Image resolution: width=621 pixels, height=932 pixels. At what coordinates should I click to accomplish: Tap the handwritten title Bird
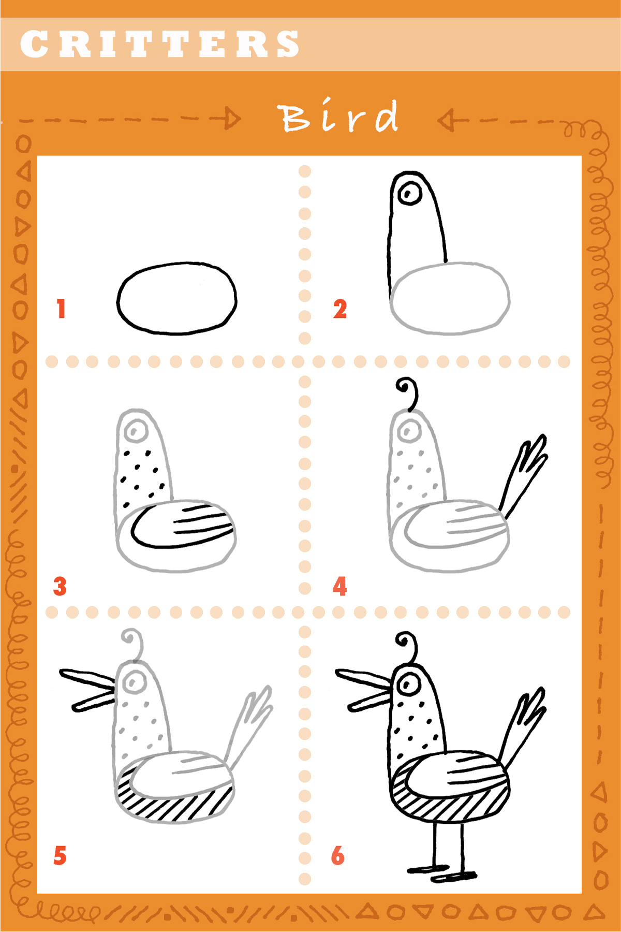(339, 117)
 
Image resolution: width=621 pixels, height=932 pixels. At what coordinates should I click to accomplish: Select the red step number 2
(340, 309)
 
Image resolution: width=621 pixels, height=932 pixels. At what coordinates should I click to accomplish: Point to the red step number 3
(60, 587)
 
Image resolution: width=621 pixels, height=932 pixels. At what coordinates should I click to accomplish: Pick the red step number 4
(340, 587)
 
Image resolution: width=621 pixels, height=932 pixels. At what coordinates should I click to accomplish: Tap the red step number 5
(60, 855)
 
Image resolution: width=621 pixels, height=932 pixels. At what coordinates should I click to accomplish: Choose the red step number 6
(338, 855)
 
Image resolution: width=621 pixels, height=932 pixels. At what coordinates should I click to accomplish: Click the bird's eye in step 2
(409, 194)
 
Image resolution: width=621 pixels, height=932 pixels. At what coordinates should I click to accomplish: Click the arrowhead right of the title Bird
(446, 120)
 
